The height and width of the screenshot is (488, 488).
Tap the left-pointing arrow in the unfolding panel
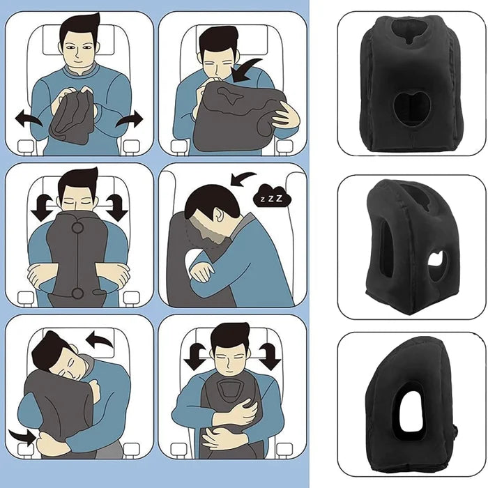click(x=29, y=120)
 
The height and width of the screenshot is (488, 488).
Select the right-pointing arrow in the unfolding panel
click(x=130, y=121)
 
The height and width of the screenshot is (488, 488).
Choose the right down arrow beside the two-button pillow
click(x=116, y=207)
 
